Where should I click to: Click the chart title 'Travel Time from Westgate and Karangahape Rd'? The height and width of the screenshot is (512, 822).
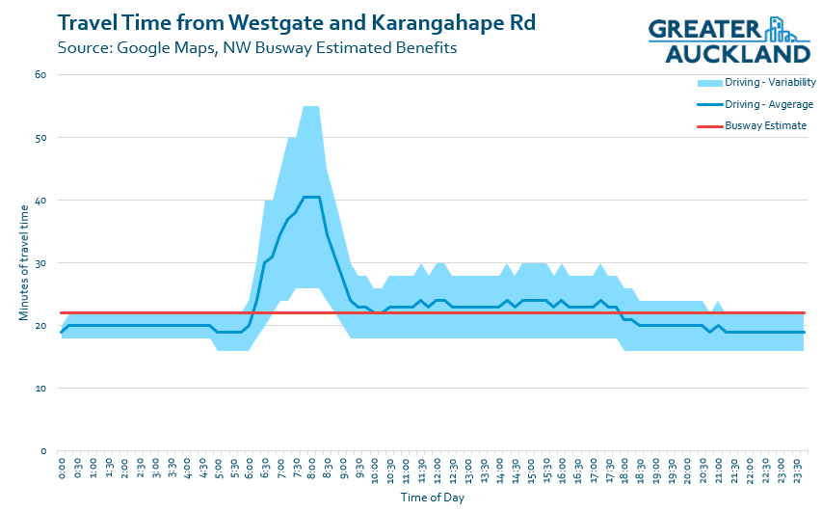297,21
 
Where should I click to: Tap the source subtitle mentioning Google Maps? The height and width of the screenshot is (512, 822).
256,46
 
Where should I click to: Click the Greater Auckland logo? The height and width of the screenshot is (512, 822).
729,40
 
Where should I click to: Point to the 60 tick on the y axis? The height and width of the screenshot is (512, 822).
41,74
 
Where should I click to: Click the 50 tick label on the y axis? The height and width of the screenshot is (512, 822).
41,137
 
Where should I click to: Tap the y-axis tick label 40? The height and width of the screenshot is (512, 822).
41,200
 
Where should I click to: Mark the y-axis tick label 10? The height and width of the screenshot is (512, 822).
41,388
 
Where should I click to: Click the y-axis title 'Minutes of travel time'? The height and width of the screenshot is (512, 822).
23,263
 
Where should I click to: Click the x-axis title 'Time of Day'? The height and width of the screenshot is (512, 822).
433,499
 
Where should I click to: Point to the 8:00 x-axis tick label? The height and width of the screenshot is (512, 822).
312,471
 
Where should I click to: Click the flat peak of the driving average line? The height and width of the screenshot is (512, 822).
311,197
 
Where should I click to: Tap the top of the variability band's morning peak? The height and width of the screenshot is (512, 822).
311,106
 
